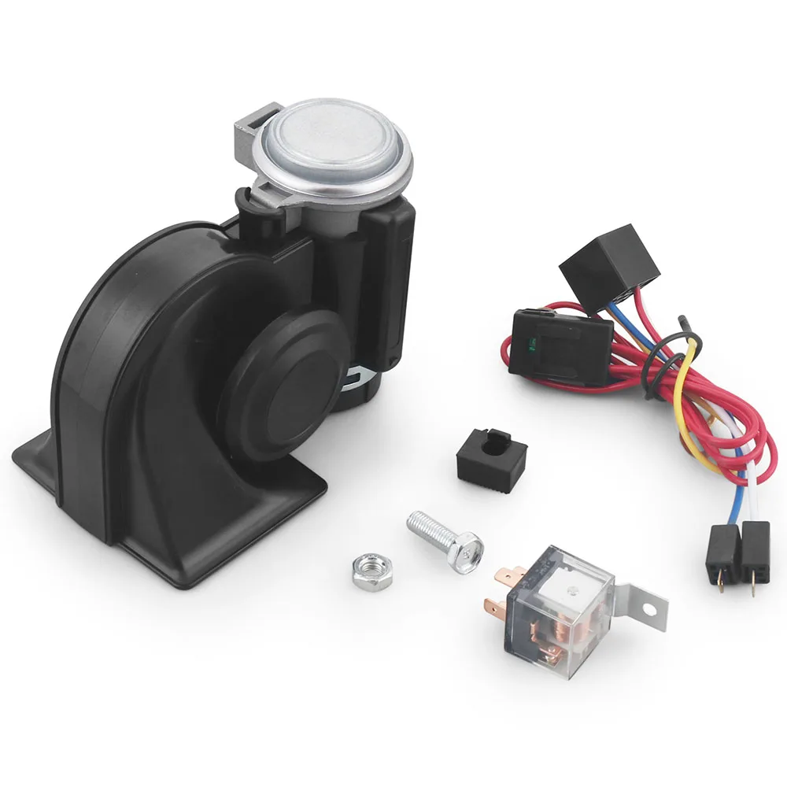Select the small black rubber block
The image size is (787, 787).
491,454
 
